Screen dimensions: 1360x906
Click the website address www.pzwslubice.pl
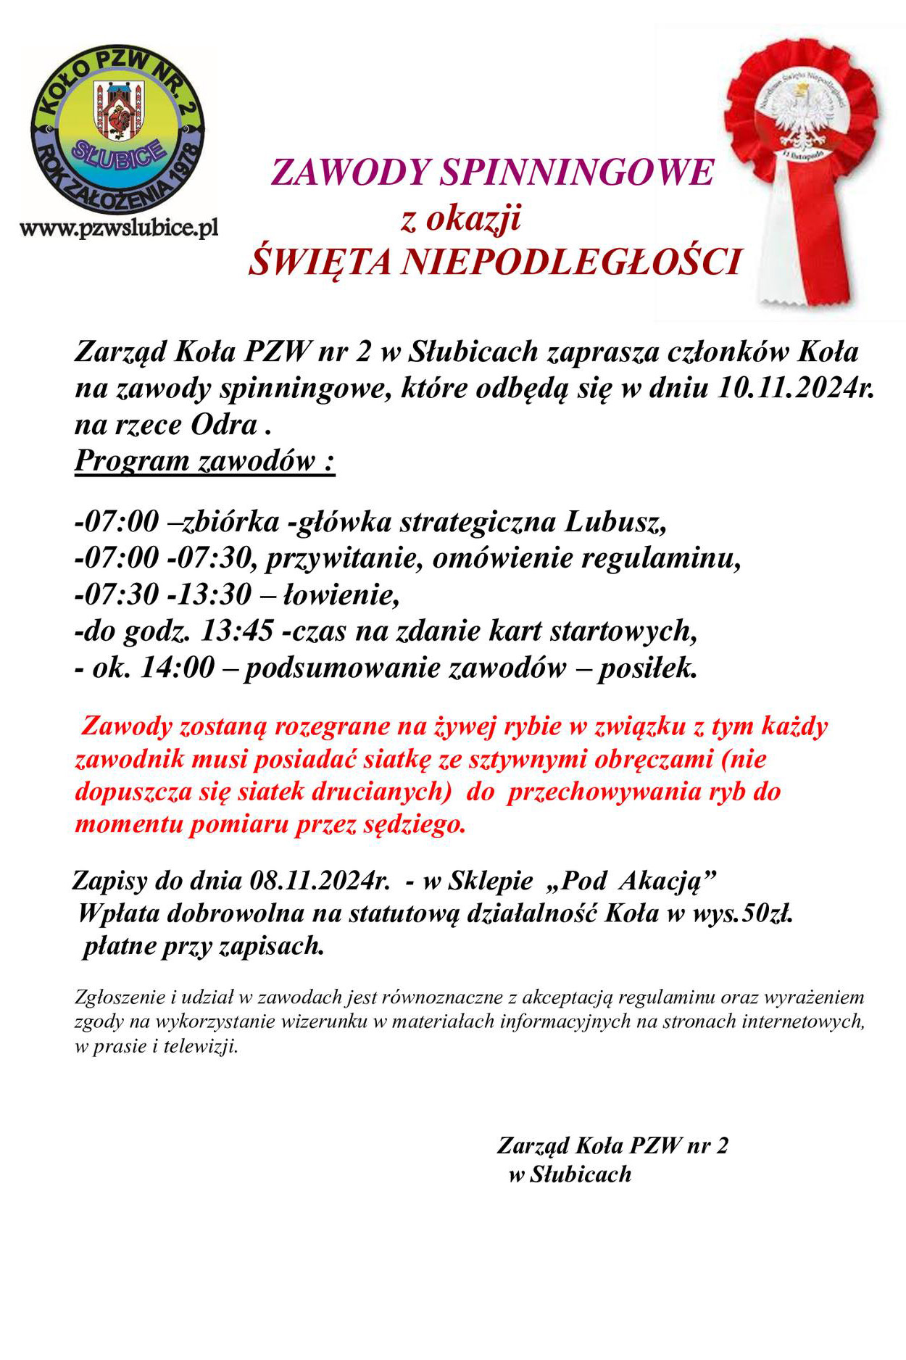tap(119, 229)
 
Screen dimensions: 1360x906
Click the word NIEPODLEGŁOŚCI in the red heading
tap(570, 262)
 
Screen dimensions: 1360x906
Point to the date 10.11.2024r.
tap(795, 388)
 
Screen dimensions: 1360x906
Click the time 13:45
tap(237, 631)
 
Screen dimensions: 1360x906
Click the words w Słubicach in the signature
tap(570, 1174)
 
